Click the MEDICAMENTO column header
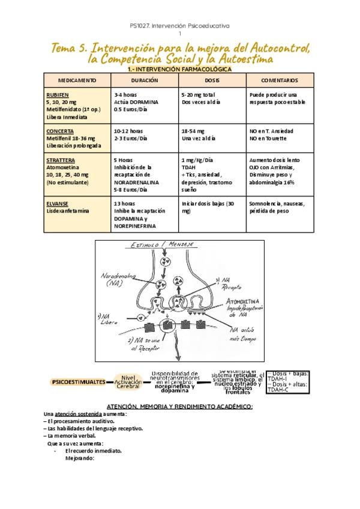(x=77, y=80)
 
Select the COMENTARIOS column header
(x=280, y=80)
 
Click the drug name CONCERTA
(x=59, y=131)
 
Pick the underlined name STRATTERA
(x=61, y=160)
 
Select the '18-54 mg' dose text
(x=193, y=131)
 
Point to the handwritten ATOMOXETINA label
(x=245, y=298)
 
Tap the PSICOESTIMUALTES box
(x=79, y=382)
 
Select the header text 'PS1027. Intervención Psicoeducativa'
(x=180, y=26)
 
